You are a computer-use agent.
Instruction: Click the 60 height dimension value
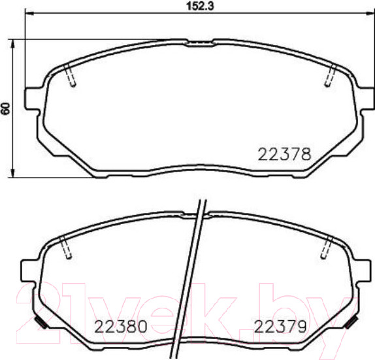tap(6, 108)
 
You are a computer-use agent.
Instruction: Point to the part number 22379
tap(280, 325)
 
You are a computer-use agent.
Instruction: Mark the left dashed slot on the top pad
tap(72, 76)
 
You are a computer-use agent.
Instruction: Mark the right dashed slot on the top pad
tap(330, 76)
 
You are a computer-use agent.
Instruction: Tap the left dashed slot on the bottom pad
tap(65, 249)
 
